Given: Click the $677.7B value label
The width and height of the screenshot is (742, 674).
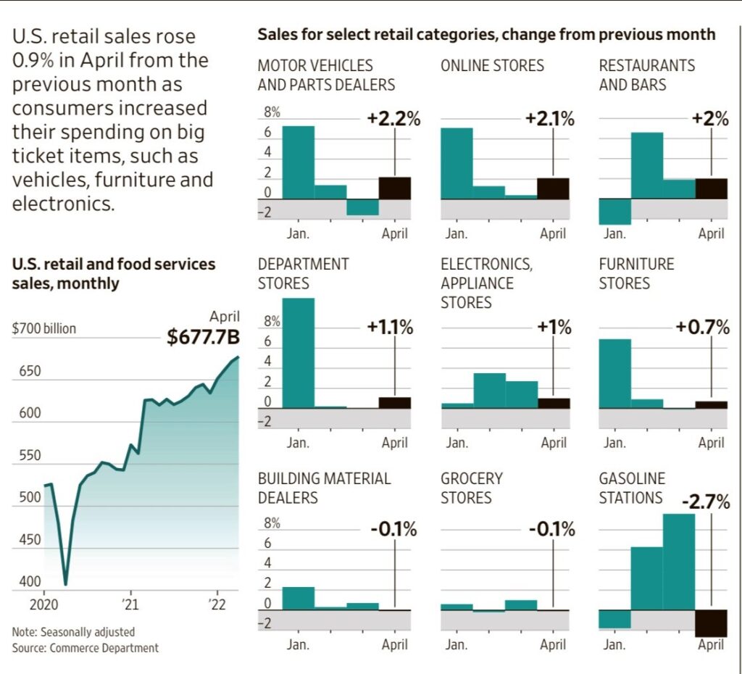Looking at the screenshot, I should coord(203,337).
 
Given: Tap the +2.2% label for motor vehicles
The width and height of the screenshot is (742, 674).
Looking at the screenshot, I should coord(393,120).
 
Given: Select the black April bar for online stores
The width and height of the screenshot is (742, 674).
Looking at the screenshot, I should coord(553,188).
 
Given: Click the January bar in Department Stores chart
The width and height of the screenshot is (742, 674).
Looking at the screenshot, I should coord(298,353).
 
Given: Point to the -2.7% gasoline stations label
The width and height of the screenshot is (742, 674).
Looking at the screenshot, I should coord(706,502).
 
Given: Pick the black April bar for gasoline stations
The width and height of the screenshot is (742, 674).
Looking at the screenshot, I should coord(711,623).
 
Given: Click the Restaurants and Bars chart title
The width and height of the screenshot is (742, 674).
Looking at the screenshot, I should coord(646,75).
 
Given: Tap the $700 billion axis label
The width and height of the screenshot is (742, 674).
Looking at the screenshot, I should coord(44,329).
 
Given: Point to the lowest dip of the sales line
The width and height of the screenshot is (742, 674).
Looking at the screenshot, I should coord(66,583).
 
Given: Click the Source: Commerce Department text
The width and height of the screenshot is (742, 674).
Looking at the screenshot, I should coord(85,648).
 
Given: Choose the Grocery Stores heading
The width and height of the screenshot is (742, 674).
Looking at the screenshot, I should coord(471,488).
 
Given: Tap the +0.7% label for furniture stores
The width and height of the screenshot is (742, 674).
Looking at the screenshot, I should coord(702,328).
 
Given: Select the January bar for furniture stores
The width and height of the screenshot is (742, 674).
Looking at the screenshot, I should coord(614,373).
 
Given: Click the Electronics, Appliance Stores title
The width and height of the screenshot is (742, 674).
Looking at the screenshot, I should coord(486,283).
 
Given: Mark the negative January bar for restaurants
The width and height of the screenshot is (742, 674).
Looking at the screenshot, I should coord(614,212).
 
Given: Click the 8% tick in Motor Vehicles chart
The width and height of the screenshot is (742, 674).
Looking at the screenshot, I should coord(272,113).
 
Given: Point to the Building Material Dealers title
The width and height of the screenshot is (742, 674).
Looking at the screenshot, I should coord(324,488).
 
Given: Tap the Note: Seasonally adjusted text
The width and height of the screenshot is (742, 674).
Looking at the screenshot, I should coord(73,632).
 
